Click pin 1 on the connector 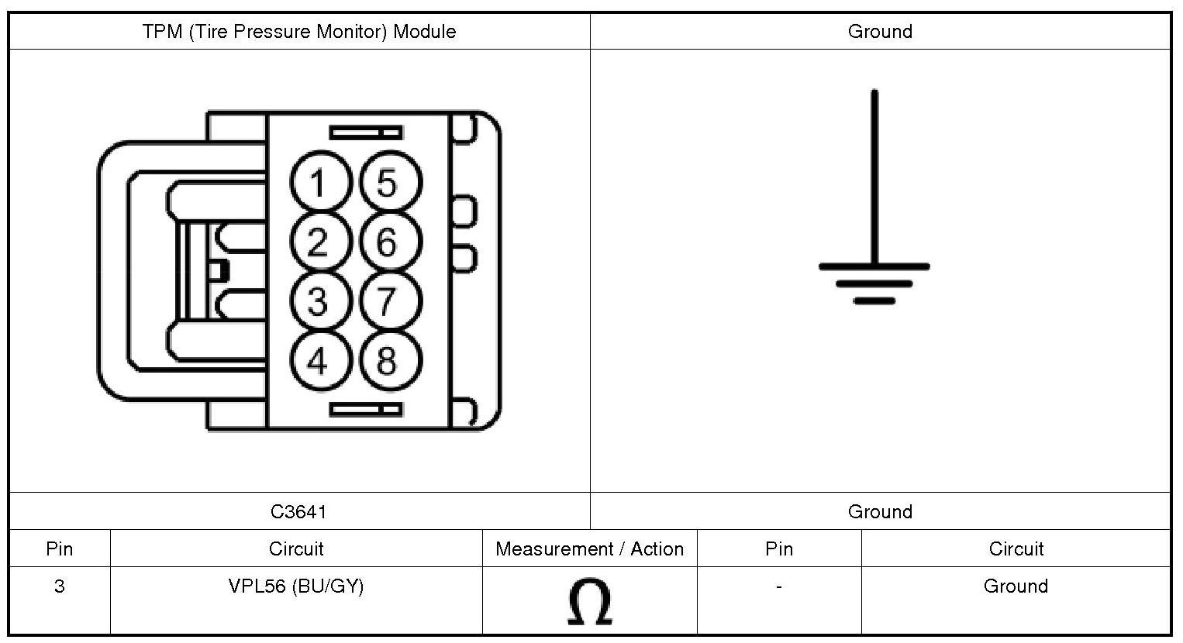(318, 184)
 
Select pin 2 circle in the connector (318, 242)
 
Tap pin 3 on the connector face (318, 301)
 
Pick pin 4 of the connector (318, 360)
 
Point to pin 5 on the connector (387, 184)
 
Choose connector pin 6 (387, 242)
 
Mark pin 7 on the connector (387, 301)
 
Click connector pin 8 (387, 360)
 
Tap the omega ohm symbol (589, 602)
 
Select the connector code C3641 (298, 511)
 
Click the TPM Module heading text (298, 32)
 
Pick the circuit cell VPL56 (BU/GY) (295, 586)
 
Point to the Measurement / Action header (589, 549)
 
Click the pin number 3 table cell (59, 586)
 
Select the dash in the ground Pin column (778, 586)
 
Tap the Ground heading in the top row (880, 32)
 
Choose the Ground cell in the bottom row (1016, 586)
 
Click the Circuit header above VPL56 (295, 549)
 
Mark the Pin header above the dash (778, 549)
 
